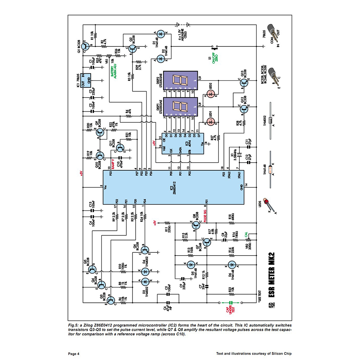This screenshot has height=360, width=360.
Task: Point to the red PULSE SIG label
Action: pos(206,218)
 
